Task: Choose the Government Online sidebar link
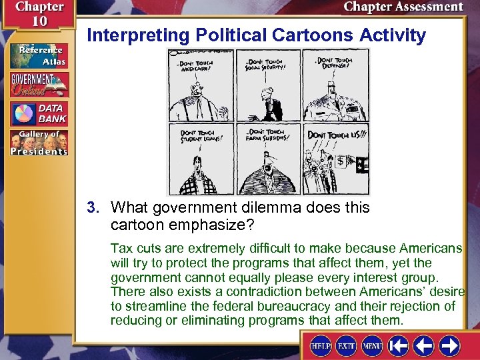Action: (38, 84)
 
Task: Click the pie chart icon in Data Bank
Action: (25, 113)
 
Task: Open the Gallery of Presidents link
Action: (38, 142)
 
